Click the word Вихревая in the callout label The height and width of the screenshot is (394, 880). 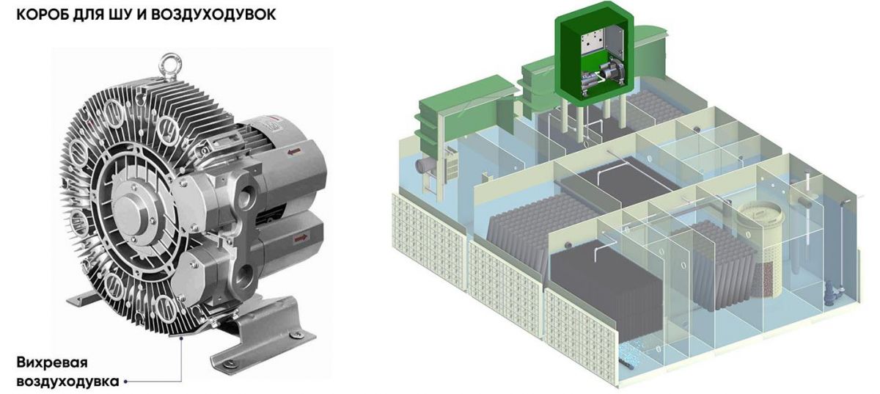click(52, 362)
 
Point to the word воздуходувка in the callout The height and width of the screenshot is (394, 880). click(67, 381)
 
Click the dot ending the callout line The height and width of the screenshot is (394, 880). click(125, 382)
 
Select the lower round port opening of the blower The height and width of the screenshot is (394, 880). click(246, 274)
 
